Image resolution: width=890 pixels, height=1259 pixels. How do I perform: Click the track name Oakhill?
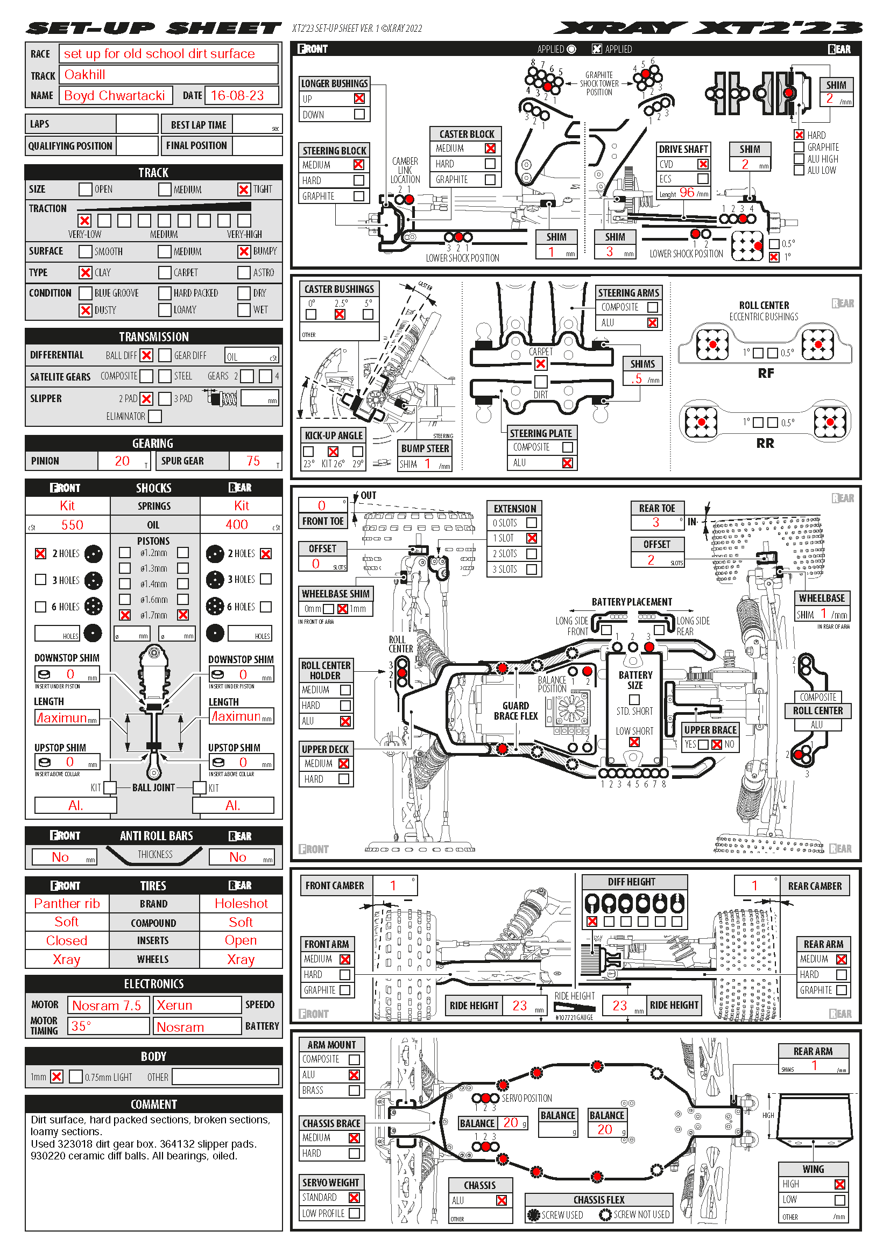tap(85, 75)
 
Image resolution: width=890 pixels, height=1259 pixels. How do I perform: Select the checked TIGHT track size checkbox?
tap(244, 189)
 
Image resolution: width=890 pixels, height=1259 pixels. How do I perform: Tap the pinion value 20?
tap(122, 461)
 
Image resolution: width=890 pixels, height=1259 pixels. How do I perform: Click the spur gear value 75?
tap(253, 461)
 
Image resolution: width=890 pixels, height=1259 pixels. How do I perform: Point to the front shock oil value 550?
tap(72, 525)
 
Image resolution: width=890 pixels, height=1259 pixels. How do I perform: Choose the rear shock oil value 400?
tap(237, 525)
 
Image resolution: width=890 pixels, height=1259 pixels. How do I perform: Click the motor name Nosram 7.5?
tap(107, 1005)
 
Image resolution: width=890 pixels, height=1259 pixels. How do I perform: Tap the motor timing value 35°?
tap(81, 1026)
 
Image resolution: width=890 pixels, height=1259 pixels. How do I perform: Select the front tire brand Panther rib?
tap(67, 904)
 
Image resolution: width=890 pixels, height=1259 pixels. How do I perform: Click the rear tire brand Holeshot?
tap(241, 904)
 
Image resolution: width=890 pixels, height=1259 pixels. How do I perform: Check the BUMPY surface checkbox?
tap(244, 251)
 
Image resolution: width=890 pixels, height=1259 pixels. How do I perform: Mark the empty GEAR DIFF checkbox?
tap(165, 355)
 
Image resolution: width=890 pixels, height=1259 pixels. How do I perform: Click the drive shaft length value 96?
tap(687, 193)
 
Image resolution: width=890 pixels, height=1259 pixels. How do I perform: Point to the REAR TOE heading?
tap(656, 508)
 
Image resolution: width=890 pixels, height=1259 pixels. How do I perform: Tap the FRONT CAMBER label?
tap(334, 885)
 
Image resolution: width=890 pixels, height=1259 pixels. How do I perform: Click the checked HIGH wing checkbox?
tap(839, 1184)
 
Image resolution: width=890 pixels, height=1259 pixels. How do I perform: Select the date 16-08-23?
tap(237, 95)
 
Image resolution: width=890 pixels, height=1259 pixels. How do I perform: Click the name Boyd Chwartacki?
tap(115, 95)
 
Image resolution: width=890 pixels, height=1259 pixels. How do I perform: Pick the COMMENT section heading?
tap(153, 1105)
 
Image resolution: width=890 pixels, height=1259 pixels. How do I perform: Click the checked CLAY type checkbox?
tap(85, 272)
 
